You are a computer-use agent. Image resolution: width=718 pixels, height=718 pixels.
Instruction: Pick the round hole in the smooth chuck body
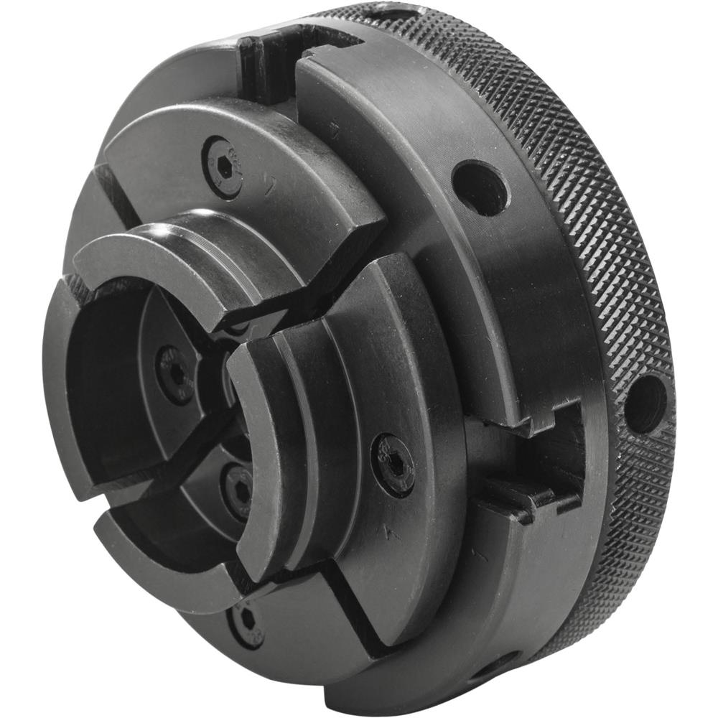(x=480, y=188)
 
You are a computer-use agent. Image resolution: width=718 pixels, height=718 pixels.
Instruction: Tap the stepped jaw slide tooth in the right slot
(x=517, y=495)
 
